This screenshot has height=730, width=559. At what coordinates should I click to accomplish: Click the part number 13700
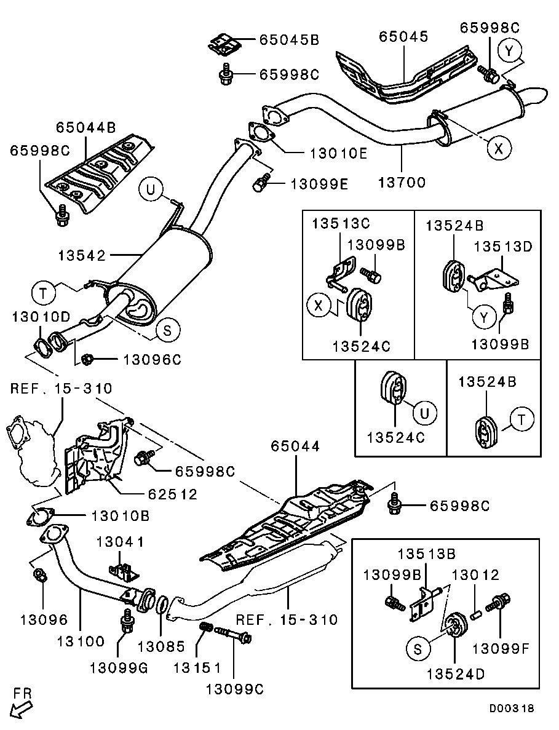coord(402,183)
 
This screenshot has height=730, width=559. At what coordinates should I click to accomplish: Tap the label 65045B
coord(288,41)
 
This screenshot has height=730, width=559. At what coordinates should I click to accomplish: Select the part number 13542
coord(83,255)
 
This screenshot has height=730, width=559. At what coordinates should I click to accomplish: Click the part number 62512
coord(172,493)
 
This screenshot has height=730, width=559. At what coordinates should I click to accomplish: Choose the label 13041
coord(121,542)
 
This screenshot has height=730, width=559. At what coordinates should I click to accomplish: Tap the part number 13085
coord(161,646)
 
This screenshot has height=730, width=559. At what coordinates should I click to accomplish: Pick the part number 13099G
coord(119,668)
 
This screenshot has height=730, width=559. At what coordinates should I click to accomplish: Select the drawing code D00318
coord(512,708)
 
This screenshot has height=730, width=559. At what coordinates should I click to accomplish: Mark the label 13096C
coord(153,360)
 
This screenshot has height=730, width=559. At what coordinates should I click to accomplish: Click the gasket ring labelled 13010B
coord(40,518)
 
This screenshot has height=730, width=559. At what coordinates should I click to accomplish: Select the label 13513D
coord(504,247)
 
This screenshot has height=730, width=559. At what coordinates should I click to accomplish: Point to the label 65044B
coord(86,128)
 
